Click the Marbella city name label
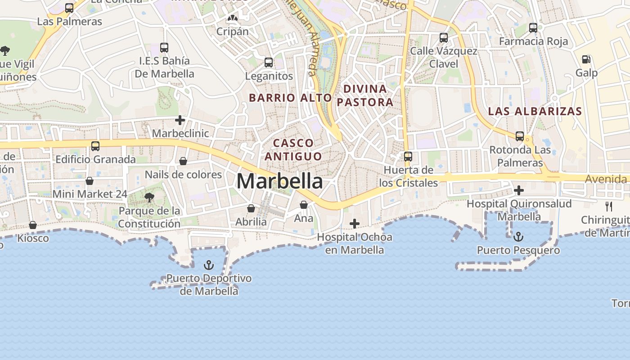279,181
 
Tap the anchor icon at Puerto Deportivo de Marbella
208,265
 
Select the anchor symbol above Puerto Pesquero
518,237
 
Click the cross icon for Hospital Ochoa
355,224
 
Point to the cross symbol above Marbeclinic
180,120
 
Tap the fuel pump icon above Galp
586,59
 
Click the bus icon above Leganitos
269,63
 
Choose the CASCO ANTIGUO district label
293,149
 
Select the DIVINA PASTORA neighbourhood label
364,95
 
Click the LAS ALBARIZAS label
535,111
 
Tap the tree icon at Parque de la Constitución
149,197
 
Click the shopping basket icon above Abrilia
251,208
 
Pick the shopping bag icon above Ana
304,205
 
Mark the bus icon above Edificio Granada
95,146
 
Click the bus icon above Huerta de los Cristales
408,157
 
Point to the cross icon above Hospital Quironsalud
519,190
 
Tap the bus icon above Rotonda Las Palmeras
520,136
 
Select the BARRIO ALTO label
290,98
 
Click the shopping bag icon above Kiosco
33,225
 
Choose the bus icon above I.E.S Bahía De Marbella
164,47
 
